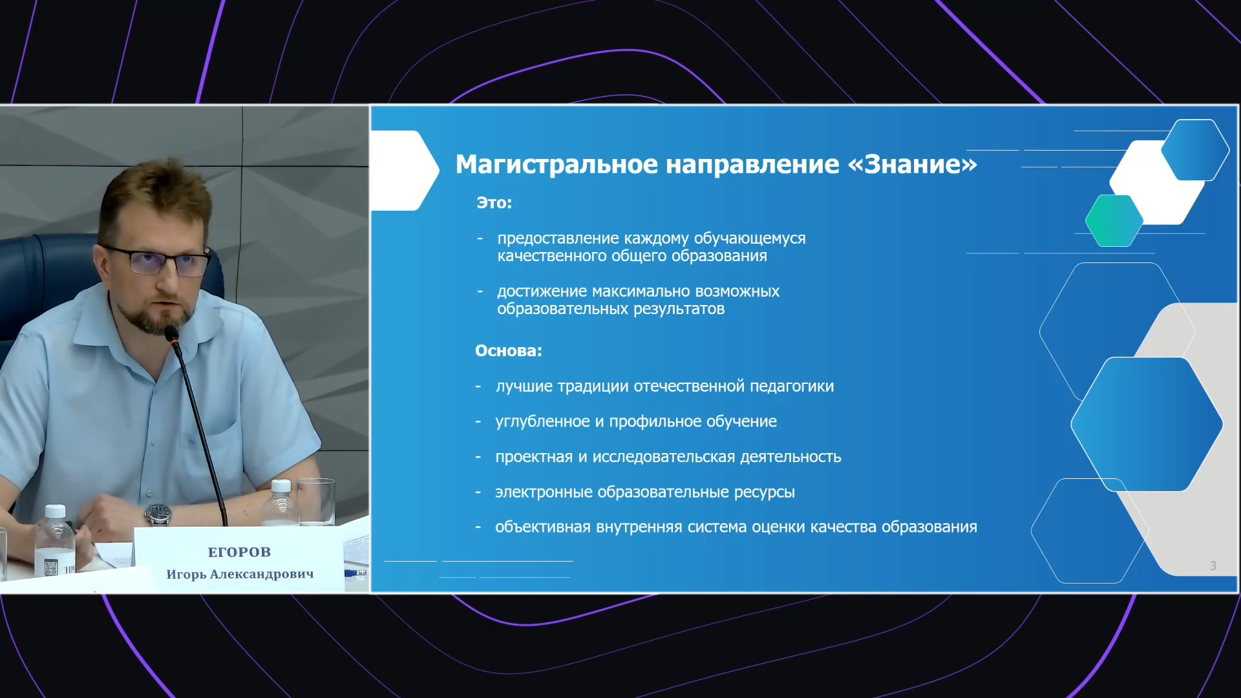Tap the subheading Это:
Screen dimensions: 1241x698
click(494, 203)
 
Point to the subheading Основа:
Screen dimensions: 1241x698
click(509, 351)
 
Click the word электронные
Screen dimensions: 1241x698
click(544, 492)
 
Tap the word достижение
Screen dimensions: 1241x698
click(542, 291)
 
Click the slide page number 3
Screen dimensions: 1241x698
click(1213, 566)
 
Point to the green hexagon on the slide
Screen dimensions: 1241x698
click(1114, 220)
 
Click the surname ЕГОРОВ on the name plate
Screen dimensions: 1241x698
click(239, 552)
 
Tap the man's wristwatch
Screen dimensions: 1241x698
click(158, 514)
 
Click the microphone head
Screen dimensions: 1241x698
click(172, 335)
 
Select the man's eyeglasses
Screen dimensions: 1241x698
click(158, 261)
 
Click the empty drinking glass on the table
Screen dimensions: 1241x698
click(316, 502)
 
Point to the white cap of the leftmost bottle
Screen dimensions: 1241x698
click(56, 511)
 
